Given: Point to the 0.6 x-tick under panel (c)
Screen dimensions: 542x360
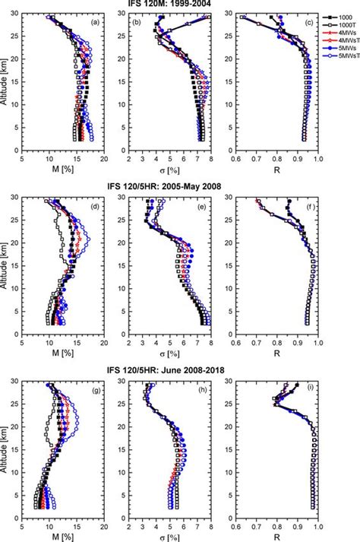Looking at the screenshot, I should (x=236, y=160).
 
